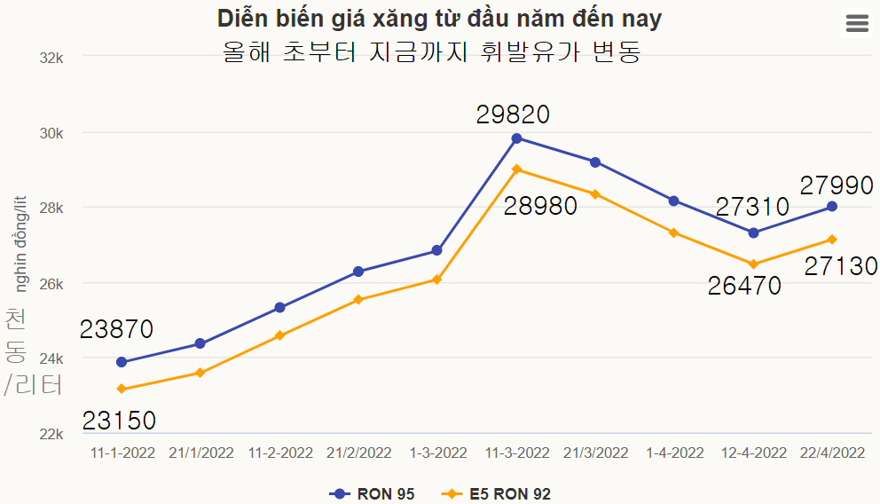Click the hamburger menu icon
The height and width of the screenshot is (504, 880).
click(857, 24)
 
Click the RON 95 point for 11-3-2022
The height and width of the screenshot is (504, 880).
click(517, 138)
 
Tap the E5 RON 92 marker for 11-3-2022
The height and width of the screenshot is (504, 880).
click(517, 169)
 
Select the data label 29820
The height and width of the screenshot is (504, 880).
click(513, 114)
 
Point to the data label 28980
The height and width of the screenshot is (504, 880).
click(540, 207)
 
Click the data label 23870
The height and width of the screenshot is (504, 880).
click(116, 329)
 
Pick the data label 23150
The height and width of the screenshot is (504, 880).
click(119, 421)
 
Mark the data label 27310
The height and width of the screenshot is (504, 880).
click(752, 208)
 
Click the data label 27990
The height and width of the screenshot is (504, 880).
click(837, 185)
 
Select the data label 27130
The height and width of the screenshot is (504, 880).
click(840, 266)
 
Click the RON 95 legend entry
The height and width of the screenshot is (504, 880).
click(372, 494)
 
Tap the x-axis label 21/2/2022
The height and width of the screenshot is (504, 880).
click(359, 453)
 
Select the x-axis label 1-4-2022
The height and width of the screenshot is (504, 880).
click(675, 453)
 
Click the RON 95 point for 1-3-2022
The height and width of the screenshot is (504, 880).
click(437, 251)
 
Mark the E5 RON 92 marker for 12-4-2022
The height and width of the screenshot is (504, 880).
click(753, 264)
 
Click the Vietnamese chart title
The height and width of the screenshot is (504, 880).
click(439, 18)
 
